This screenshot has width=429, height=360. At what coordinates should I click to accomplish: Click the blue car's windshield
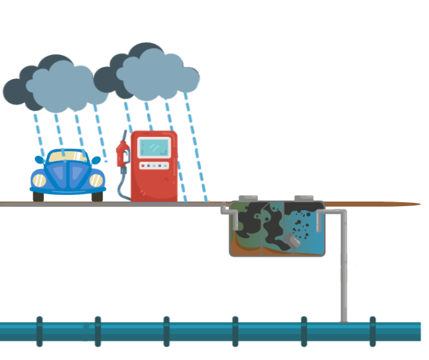(68, 157)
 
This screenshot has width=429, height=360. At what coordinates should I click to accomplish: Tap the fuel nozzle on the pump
(122, 154)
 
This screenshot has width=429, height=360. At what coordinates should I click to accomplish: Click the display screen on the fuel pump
(154, 148)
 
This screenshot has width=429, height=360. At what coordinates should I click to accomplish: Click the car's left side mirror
(39, 160)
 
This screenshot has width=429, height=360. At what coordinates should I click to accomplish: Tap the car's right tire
(97, 196)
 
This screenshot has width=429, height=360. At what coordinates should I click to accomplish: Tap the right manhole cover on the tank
(304, 198)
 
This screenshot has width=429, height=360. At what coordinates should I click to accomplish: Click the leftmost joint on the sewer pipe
(40, 331)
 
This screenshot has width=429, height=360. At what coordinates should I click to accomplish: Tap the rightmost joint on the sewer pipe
(373, 331)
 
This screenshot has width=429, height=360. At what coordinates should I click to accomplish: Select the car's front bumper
(68, 190)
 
